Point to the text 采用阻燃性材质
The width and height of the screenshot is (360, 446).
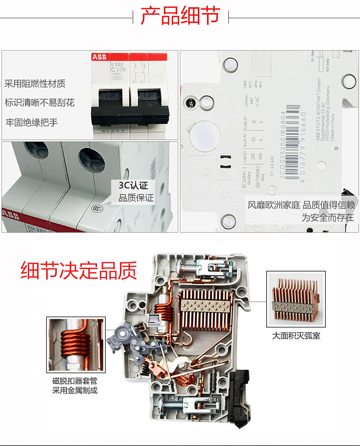(35, 83)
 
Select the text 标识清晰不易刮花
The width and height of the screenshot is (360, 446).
(40, 103)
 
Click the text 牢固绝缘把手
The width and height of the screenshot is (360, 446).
(31, 122)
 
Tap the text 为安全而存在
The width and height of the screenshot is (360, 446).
(327, 217)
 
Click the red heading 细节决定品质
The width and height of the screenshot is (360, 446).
(78, 270)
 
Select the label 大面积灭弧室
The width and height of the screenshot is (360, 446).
(296, 337)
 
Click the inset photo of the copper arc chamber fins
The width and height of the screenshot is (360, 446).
(296, 299)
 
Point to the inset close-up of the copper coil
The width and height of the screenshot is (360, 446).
(76, 345)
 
